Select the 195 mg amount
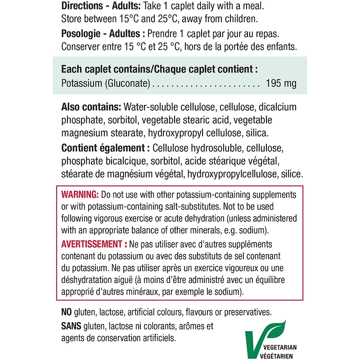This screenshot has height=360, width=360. pyautogui.click(x=281, y=84)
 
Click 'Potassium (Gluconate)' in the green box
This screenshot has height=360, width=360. pyautogui.click(x=107, y=84)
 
